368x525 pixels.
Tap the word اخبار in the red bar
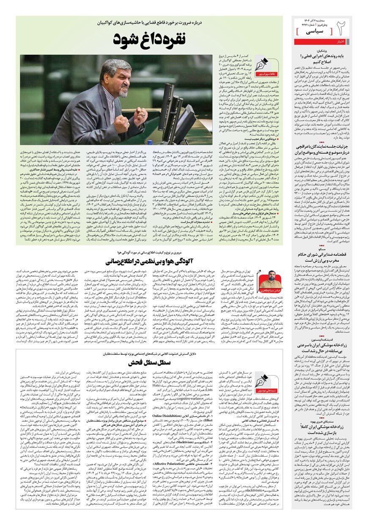[x=341, y=41]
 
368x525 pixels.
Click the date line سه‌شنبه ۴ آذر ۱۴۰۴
[x=311, y=20]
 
